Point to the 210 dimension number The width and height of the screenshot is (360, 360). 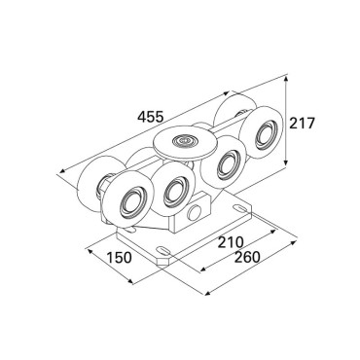tap(230, 241)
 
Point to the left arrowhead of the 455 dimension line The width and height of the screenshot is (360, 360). tap(62, 171)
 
